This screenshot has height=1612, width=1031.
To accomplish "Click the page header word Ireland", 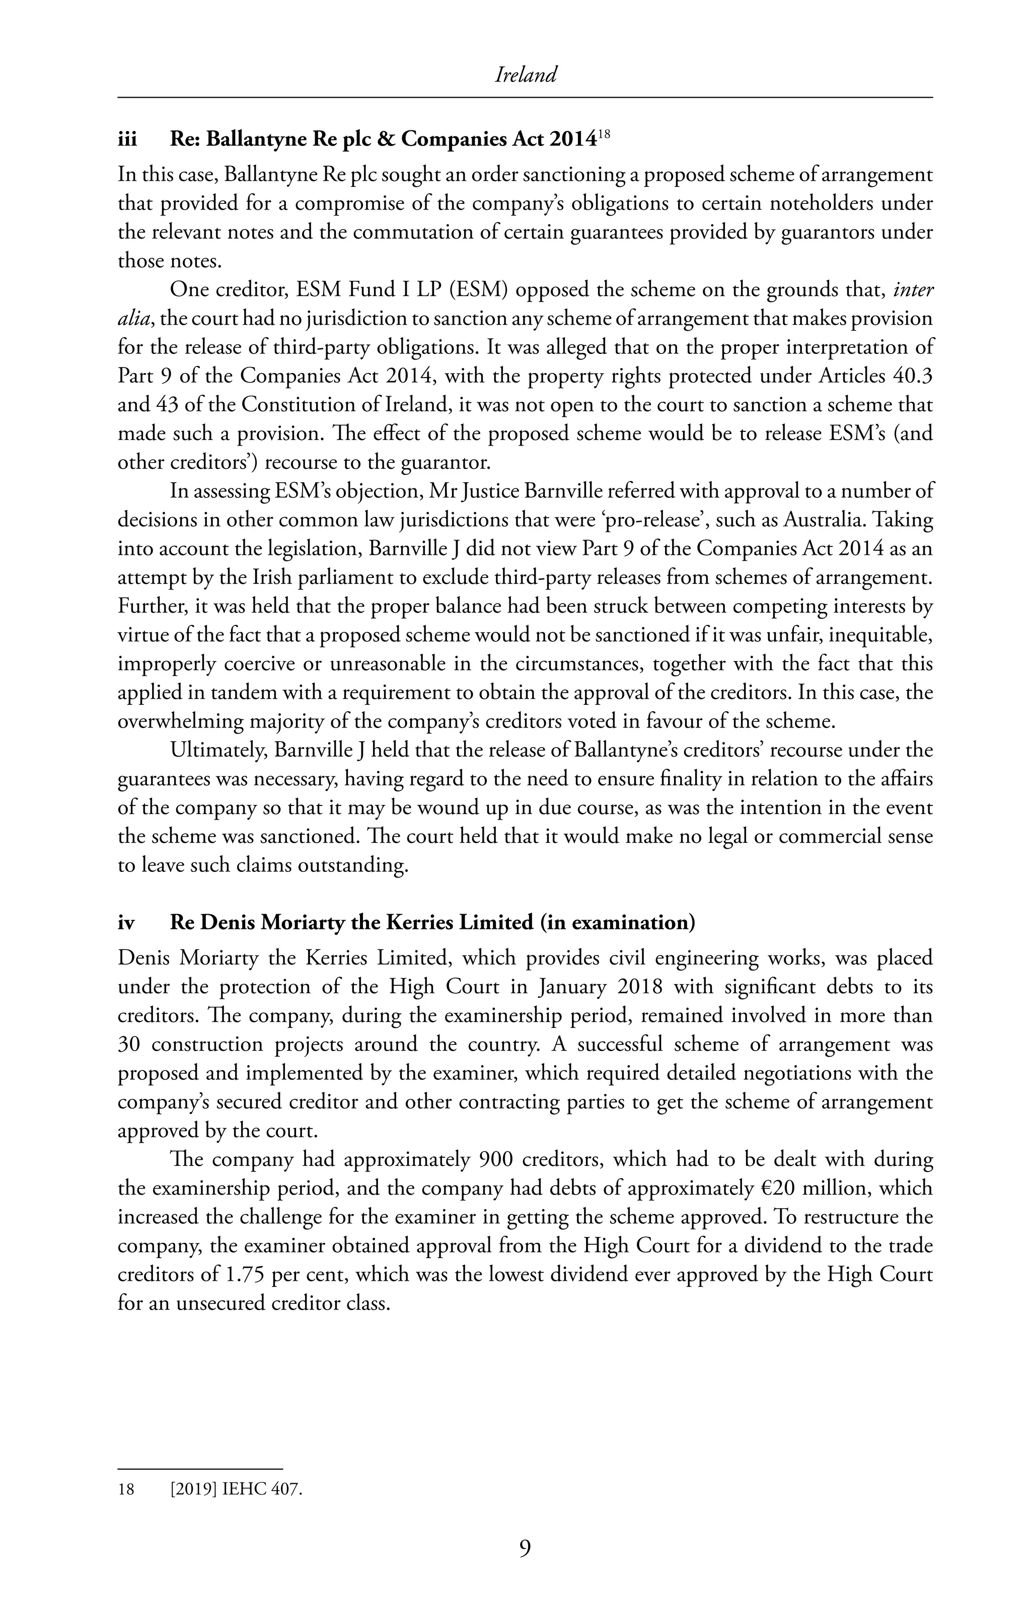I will click(x=526, y=75).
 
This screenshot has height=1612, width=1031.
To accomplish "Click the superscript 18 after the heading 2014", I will click(x=604, y=134).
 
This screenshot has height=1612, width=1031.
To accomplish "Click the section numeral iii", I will click(x=127, y=139).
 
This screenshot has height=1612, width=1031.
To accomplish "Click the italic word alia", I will click(x=133, y=319).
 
